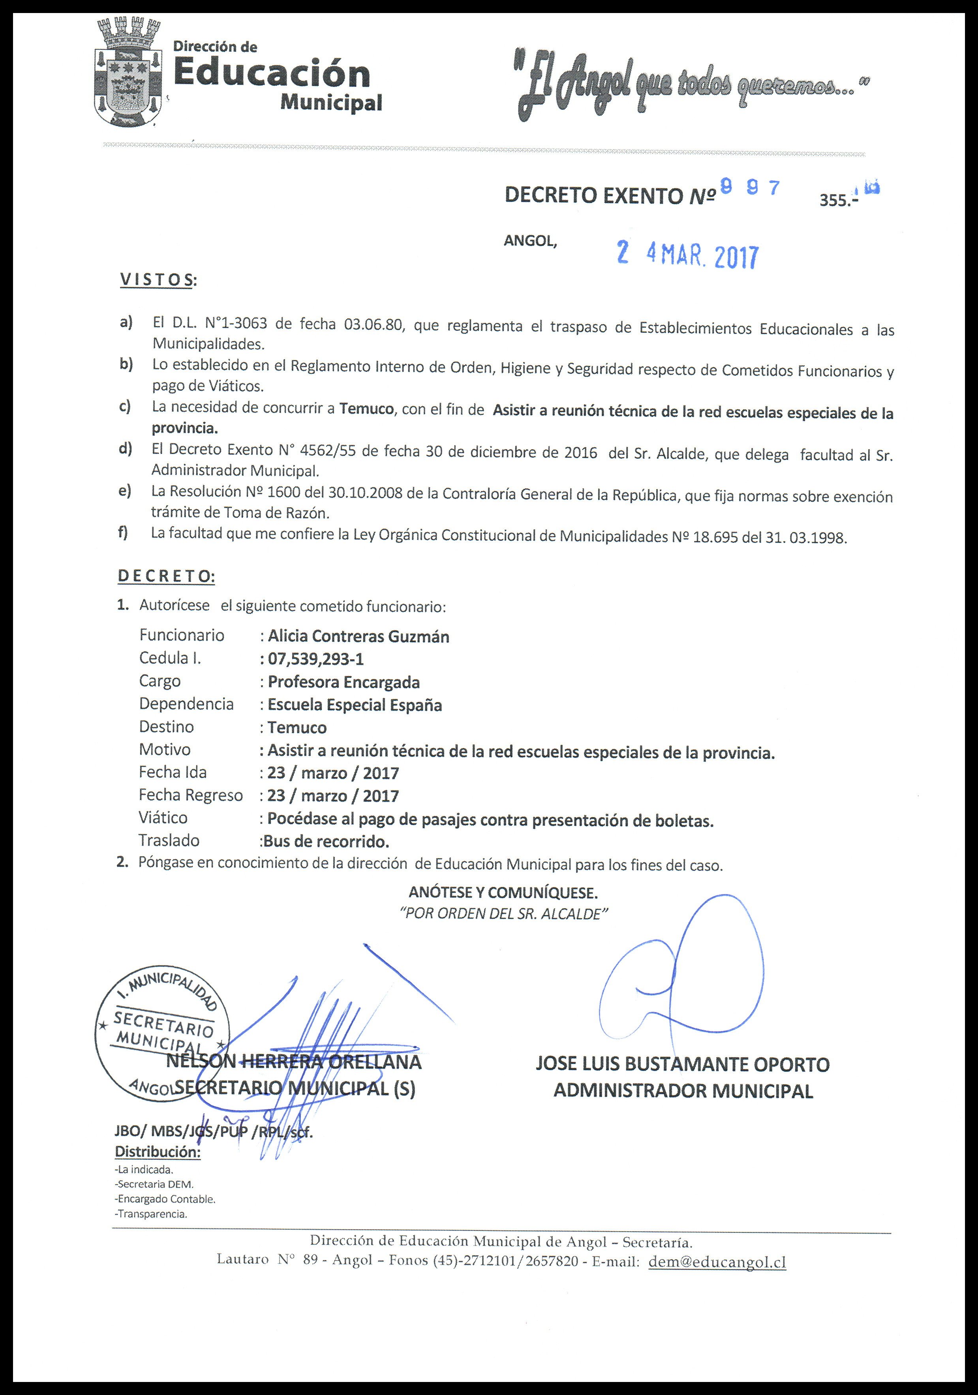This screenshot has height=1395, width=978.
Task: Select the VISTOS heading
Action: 158,279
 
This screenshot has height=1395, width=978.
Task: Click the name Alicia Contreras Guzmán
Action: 359,636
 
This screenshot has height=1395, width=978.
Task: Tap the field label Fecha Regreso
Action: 190,795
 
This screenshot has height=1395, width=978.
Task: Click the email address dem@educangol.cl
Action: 717,1262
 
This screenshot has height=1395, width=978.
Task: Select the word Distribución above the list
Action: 158,1152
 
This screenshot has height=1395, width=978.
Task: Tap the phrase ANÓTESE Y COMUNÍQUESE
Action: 503,892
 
